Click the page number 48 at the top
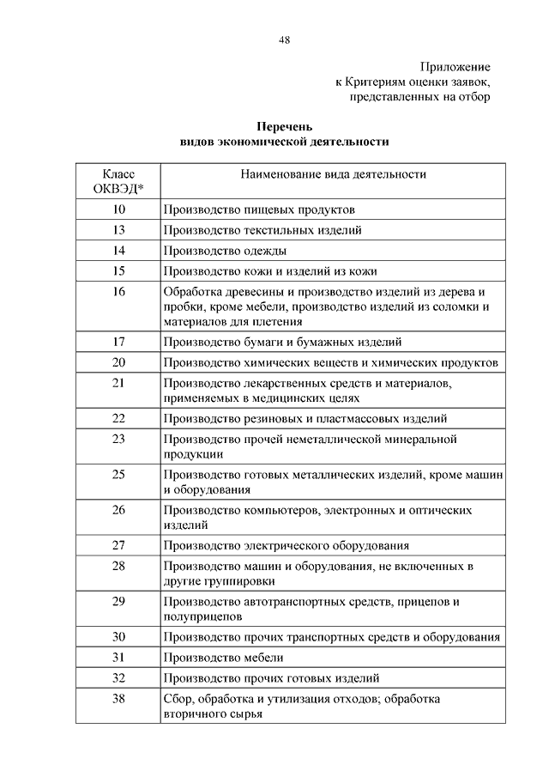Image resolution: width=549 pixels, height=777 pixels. point(283,39)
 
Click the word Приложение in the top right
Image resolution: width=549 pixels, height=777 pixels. point(455,66)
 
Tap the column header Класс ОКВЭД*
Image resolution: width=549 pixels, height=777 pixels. point(118,181)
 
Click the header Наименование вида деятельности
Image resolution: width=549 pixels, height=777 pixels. point(334,174)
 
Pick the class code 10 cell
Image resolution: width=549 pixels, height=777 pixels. point(118,209)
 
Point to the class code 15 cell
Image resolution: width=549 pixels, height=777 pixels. point(118,271)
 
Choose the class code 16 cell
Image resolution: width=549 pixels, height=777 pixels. point(118,292)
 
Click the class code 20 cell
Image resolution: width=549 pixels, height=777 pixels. point(118,362)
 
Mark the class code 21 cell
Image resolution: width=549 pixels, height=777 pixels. point(118,383)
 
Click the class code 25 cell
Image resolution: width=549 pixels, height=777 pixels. point(118,474)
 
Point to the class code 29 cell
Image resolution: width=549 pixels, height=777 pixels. point(118,601)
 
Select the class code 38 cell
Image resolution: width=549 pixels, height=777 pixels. point(118,699)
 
